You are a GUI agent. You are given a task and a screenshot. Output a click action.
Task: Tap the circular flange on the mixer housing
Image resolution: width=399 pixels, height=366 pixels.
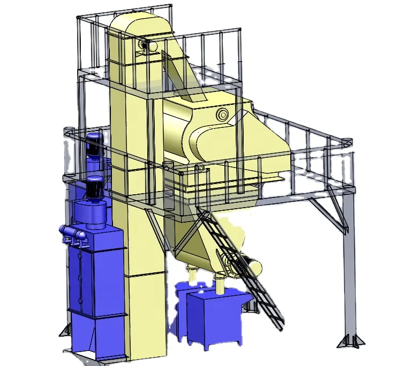click(x=222, y=113)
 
